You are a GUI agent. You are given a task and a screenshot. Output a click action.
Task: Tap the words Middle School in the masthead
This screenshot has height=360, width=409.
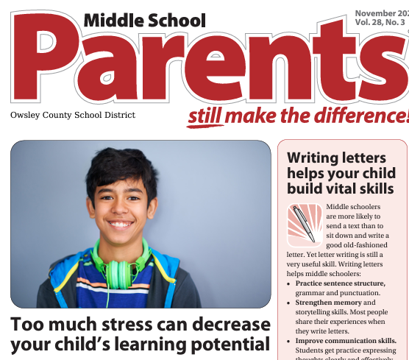click(x=144, y=20)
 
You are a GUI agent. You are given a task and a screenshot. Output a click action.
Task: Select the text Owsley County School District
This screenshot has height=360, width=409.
click(x=73, y=115)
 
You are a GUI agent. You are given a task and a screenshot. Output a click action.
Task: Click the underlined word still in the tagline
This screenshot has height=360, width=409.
click(x=205, y=116)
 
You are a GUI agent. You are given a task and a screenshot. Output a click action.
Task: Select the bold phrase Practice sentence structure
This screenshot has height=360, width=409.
click(x=340, y=283)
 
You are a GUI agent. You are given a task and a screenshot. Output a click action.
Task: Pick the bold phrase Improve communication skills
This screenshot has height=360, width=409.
click(x=346, y=341)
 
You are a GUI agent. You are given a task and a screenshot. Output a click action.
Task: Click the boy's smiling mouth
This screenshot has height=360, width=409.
click(x=121, y=224)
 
